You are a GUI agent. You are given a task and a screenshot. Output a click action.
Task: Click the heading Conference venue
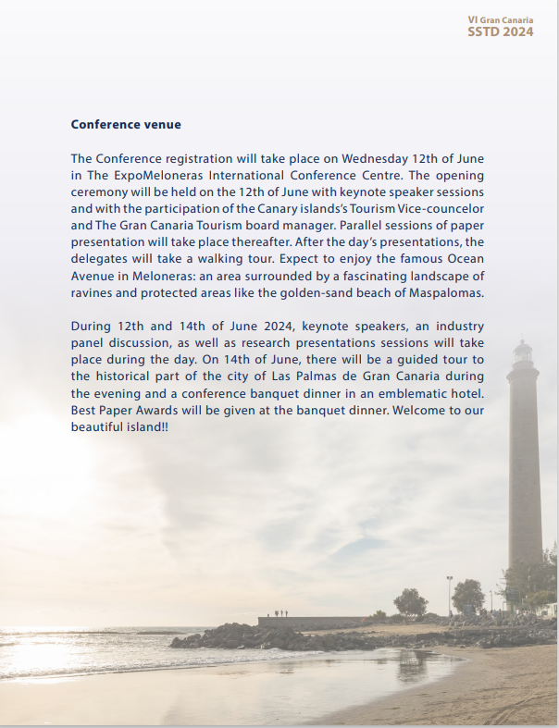click(x=126, y=124)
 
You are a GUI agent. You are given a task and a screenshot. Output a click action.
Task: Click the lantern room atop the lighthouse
click(x=524, y=352)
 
